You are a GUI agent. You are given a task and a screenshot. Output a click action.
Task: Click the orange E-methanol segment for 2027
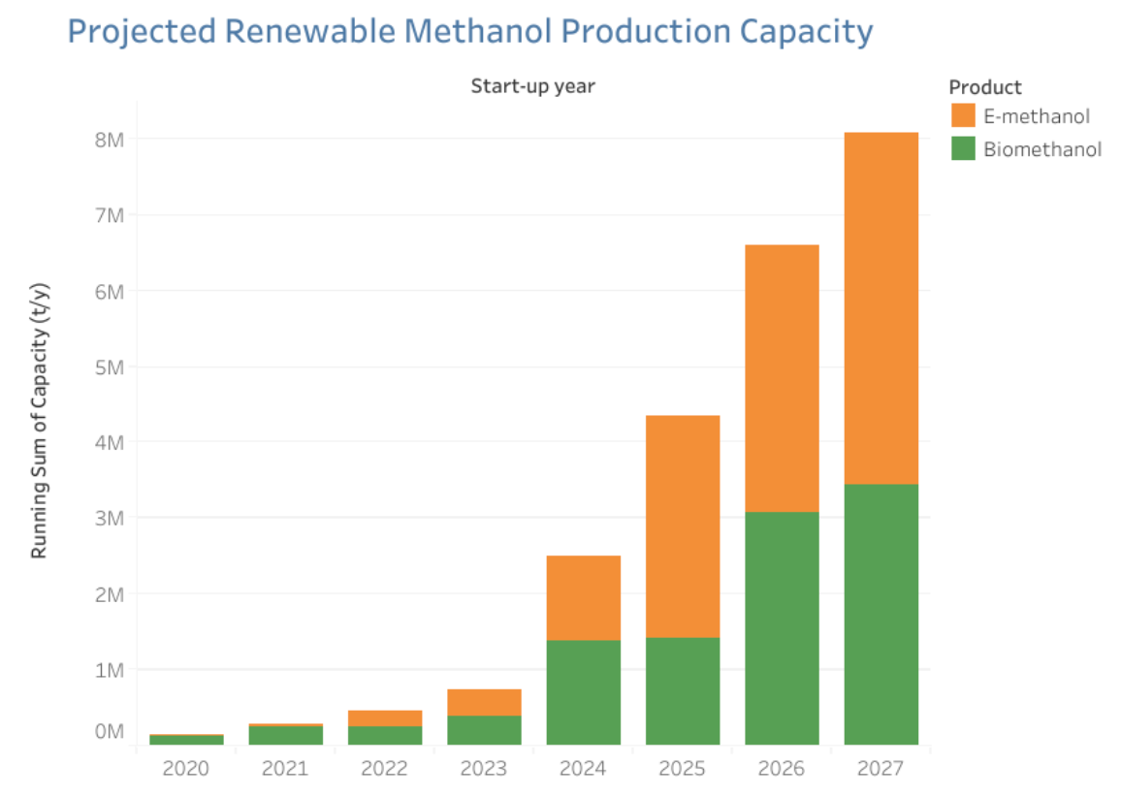point(881,307)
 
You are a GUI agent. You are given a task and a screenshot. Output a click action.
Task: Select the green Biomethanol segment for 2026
point(782,627)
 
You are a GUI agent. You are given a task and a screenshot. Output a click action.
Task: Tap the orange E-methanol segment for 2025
point(683,526)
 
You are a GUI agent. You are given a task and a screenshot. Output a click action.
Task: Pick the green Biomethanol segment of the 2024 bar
point(583,691)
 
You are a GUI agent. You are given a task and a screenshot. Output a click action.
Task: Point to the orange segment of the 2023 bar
point(484,702)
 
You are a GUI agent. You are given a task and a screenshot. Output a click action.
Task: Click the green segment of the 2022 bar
point(385,735)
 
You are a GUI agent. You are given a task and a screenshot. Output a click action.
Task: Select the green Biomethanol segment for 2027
point(881,614)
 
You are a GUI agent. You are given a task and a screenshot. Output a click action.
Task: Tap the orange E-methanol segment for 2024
point(583,597)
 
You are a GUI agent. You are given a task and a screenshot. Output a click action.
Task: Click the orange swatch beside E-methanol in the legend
point(963,116)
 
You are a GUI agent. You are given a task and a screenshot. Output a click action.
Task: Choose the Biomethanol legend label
point(1042,149)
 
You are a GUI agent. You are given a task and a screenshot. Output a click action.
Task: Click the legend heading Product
point(985,87)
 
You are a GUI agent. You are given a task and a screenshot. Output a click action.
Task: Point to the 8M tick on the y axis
point(108,140)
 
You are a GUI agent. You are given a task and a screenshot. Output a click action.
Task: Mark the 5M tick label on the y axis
point(108,367)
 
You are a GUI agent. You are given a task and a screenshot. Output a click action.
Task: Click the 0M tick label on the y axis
point(108,731)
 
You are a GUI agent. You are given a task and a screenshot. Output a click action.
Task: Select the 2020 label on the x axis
point(186,769)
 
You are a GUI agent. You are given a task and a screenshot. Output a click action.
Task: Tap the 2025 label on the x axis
point(683,769)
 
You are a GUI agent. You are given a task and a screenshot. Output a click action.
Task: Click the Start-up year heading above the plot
point(532,86)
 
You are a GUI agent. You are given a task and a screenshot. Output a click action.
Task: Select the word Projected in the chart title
point(141,31)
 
